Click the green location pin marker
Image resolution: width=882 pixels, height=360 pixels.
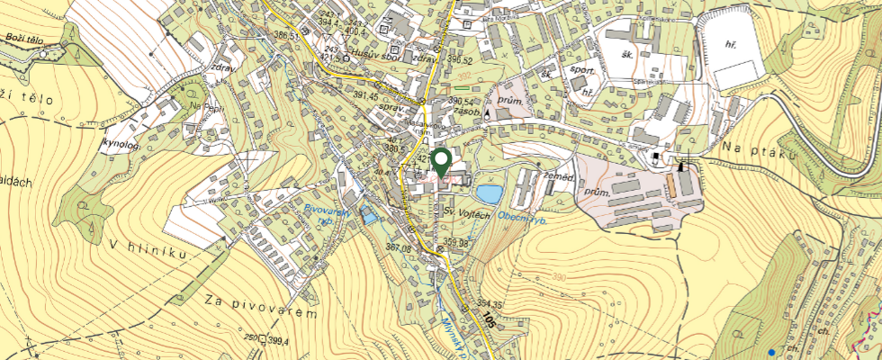[x=441, y=163]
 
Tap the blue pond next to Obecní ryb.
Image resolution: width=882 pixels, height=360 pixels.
[x=489, y=193]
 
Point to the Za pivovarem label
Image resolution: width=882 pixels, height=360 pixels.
[x=262, y=305]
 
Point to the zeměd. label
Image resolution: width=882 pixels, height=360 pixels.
[x=559, y=178]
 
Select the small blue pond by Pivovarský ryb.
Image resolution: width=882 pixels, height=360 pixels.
[x=367, y=216]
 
